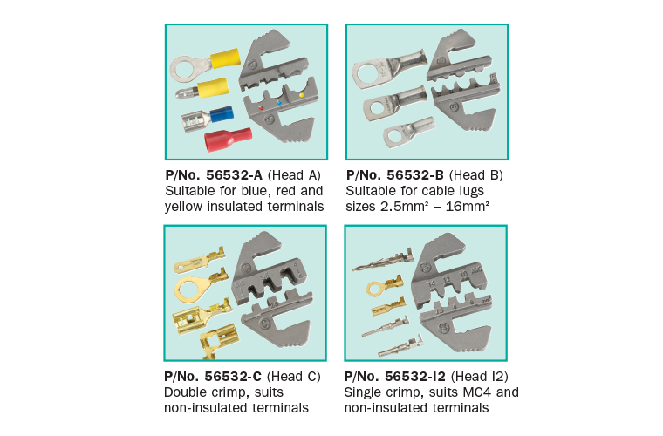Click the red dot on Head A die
(x=261, y=108)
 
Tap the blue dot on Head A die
(x=279, y=103)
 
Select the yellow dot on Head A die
(x=302, y=95)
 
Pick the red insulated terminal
(x=228, y=139)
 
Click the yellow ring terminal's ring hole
(x=183, y=70)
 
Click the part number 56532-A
(x=235, y=175)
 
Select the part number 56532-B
(x=415, y=175)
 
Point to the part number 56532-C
(x=233, y=376)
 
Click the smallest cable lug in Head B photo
(x=409, y=132)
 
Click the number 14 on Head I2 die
(x=432, y=283)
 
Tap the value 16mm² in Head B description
(x=468, y=206)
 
